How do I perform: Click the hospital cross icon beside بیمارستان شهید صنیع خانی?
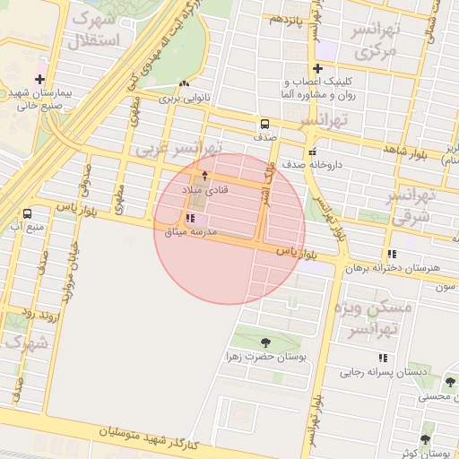click(x=39, y=79)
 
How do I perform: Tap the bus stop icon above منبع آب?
click(x=27, y=213)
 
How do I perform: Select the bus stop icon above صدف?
click(x=264, y=125)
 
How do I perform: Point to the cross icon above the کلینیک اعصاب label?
click(x=317, y=68)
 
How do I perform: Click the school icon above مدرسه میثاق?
click(x=189, y=218)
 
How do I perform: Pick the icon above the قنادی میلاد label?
click(x=204, y=175)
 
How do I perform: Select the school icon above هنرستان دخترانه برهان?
click(x=392, y=255)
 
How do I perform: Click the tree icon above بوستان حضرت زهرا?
click(x=265, y=342)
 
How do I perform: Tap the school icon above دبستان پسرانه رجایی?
click(x=383, y=358)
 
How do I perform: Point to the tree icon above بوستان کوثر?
click(x=424, y=439)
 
